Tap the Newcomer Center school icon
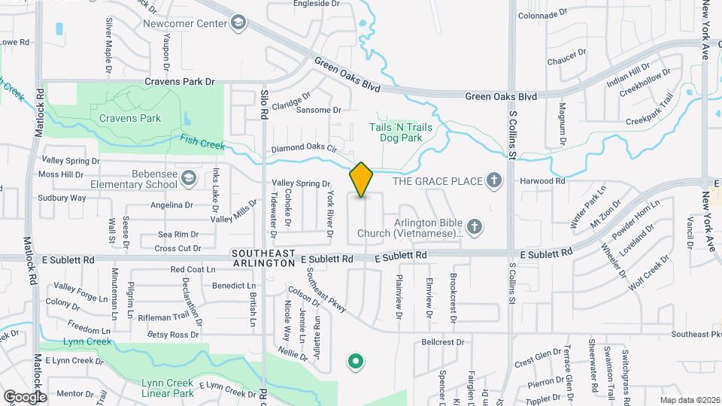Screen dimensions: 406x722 (239, 23)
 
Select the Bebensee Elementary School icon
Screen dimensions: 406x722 (189, 178)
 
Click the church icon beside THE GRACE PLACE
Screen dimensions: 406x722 (493, 180)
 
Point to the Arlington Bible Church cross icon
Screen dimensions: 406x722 (474, 226)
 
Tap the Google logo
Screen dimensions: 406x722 (25, 396)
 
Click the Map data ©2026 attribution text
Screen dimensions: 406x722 (690, 400)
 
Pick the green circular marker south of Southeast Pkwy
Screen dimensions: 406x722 (355, 362)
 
